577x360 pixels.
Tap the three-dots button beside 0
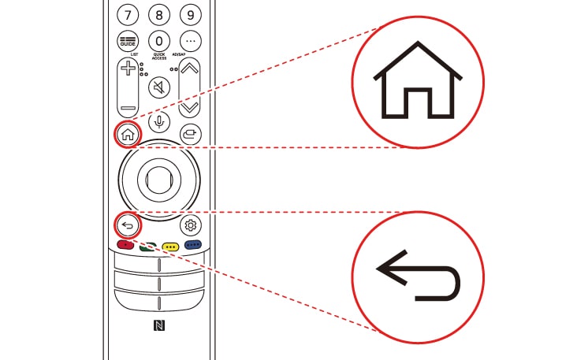189,41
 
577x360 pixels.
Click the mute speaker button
159,87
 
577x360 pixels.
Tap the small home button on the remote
128,134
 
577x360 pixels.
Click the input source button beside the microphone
189,134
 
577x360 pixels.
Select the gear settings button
190,226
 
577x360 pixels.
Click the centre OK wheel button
158,179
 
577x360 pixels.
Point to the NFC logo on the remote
159,325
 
